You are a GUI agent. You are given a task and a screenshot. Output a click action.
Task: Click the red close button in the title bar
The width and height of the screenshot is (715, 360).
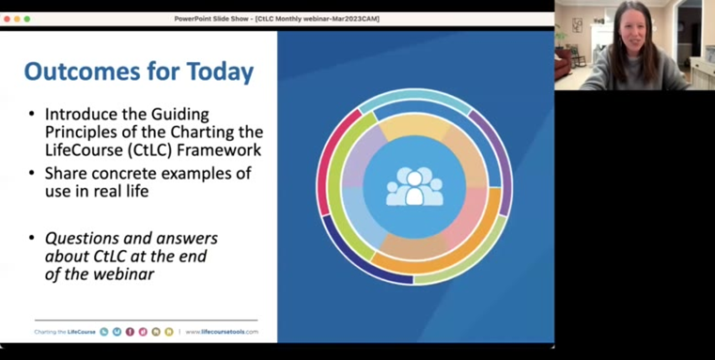click(x=7, y=19)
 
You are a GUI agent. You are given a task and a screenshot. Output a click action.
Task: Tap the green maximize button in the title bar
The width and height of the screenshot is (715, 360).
click(x=27, y=19)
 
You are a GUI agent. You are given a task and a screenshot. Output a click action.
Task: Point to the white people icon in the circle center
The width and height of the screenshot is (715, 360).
click(x=413, y=186)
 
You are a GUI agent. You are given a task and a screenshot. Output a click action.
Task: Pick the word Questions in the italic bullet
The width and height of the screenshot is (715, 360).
click(x=84, y=239)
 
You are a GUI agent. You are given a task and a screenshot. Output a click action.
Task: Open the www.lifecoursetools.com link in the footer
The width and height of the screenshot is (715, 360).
click(x=222, y=332)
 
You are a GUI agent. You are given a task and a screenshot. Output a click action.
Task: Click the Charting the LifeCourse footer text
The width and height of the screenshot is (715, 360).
click(x=65, y=332)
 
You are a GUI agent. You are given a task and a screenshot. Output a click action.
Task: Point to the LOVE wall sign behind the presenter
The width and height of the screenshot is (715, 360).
click(x=577, y=25)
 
